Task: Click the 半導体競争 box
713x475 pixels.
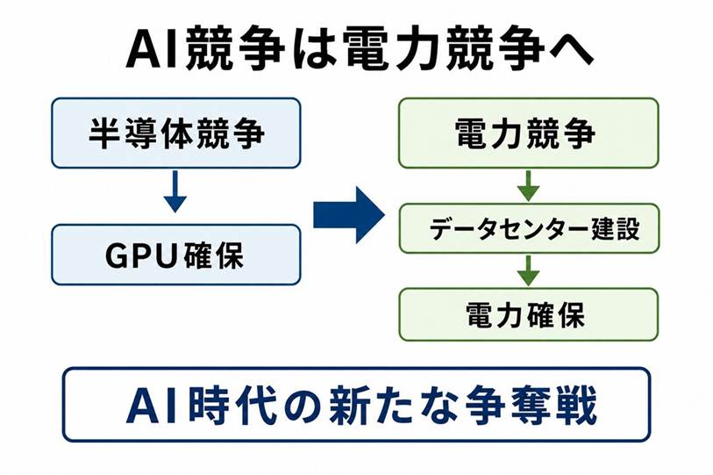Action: [x=176, y=133]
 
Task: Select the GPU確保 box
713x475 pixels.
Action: [x=176, y=255]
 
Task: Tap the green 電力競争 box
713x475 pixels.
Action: [x=528, y=133]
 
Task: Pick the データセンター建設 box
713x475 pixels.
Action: [x=529, y=228]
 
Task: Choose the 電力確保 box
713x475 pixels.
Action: [x=528, y=314]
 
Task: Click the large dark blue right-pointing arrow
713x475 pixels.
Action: [x=349, y=215]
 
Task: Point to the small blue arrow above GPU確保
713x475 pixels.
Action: [x=175, y=191]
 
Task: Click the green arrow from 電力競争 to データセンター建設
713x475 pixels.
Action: [x=528, y=186]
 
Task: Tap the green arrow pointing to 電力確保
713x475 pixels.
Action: [x=528, y=270]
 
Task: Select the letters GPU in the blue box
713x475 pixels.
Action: [x=140, y=256]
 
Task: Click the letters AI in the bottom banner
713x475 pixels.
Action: [x=155, y=404]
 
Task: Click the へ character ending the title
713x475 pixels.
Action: [x=571, y=49]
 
